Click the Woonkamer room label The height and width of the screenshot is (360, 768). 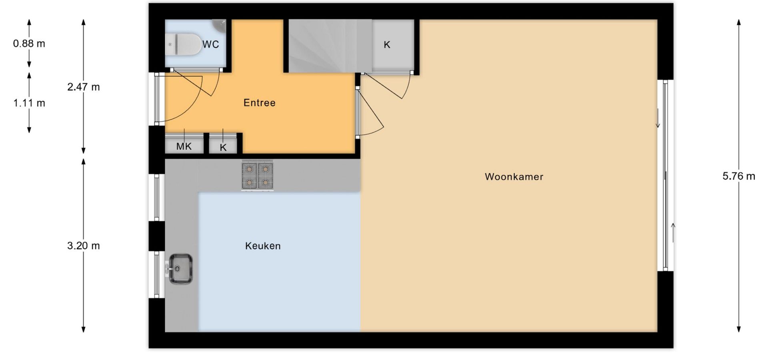(x=514, y=177)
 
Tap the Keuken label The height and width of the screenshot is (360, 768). (x=263, y=246)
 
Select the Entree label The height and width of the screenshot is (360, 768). (x=260, y=103)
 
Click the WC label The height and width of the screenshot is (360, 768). (x=211, y=44)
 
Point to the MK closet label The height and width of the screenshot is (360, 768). (x=184, y=146)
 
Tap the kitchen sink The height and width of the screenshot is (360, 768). (x=180, y=269)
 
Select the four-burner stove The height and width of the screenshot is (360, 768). (x=257, y=176)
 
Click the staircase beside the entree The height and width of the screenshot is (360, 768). (x=330, y=46)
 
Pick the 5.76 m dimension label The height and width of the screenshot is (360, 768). (x=739, y=176)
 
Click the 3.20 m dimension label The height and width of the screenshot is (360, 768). (x=84, y=246)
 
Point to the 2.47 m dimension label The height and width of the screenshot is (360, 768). (x=84, y=87)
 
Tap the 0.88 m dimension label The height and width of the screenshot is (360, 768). (x=29, y=44)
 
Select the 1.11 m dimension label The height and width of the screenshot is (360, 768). (x=29, y=103)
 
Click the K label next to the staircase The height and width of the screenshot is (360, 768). (x=387, y=45)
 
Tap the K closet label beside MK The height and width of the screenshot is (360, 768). (x=223, y=148)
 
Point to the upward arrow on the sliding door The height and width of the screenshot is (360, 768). (x=673, y=233)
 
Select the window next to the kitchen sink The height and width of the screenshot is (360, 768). (x=157, y=274)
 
